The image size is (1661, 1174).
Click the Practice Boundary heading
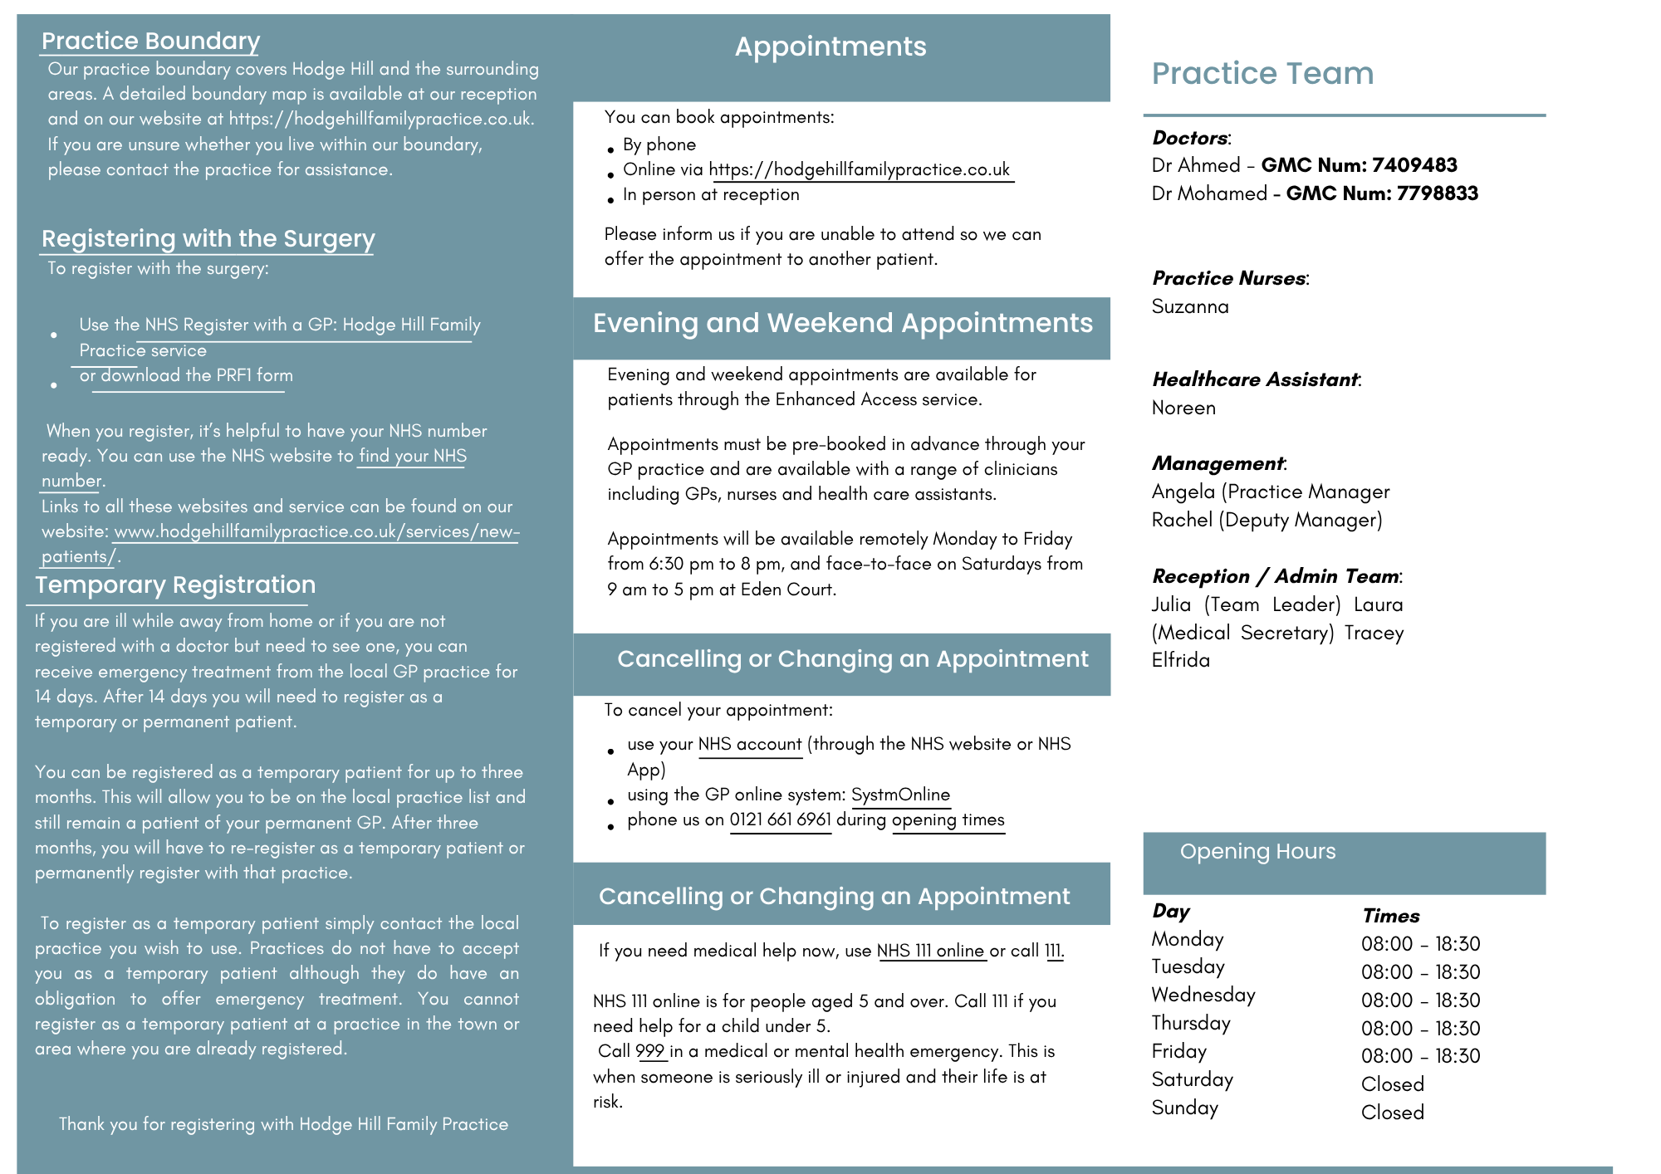pos(150,41)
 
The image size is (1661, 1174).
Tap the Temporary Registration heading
pos(175,585)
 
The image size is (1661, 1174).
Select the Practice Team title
pos(1262,73)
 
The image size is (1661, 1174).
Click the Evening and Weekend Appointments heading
pos(842,323)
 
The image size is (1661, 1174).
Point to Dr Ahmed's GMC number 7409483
pos(1414,165)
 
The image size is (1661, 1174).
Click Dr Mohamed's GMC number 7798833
pos(1437,193)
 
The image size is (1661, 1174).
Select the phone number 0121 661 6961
pos(780,820)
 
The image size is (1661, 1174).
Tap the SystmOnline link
pos(900,795)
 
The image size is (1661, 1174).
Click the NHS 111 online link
pos(930,951)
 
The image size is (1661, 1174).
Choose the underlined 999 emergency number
pos(650,1051)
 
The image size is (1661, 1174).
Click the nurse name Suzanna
pos(1190,306)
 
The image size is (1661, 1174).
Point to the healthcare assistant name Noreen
pos(1183,408)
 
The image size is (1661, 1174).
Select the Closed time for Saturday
pos(1393,1084)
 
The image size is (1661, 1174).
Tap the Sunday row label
pos(1184,1108)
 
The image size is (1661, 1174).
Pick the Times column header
pos(1391,916)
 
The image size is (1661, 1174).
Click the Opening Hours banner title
pos(1257,852)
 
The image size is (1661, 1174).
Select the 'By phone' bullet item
pos(659,144)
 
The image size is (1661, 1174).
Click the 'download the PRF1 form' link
pos(196,375)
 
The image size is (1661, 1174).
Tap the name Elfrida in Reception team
pos(1181,661)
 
